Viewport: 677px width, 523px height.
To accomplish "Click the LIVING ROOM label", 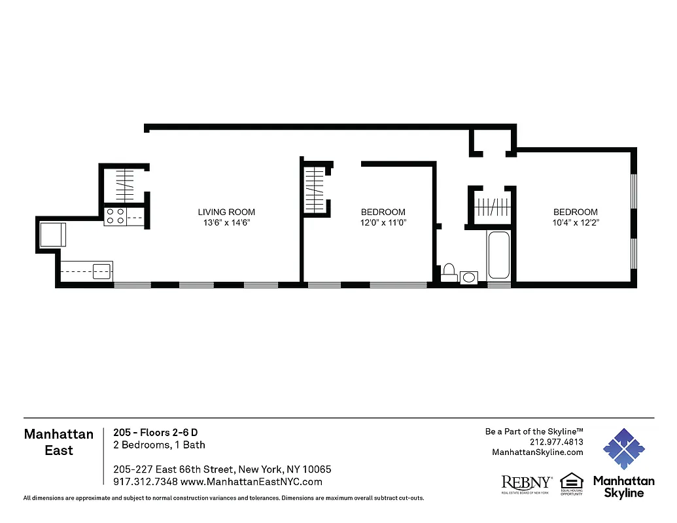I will (x=226, y=212).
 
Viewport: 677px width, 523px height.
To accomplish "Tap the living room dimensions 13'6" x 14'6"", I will (x=226, y=223).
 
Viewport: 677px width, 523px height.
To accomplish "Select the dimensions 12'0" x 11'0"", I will (x=383, y=223).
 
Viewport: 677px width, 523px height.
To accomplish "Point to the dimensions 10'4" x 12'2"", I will (x=576, y=223).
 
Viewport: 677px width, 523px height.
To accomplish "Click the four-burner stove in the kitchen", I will (x=115, y=216).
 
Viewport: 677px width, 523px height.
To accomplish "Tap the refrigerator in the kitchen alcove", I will (x=52, y=235).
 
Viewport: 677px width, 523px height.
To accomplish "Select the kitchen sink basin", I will (x=101, y=271).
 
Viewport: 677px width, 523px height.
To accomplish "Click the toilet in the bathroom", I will (x=449, y=273).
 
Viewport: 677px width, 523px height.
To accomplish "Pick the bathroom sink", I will (x=469, y=278).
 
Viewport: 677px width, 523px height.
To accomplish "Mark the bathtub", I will (x=499, y=256).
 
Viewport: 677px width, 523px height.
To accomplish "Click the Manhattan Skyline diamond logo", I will (x=623, y=450).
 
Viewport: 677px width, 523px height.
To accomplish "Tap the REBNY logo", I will (x=527, y=483).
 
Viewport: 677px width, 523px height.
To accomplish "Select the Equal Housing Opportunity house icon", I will (x=570, y=482).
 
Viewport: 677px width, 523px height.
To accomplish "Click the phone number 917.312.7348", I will (x=140, y=482).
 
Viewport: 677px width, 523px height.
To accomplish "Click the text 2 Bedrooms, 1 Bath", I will (x=159, y=445).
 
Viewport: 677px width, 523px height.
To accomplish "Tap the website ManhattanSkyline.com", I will (x=537, y=452).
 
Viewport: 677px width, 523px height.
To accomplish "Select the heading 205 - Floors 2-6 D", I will (x=155, y=432).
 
